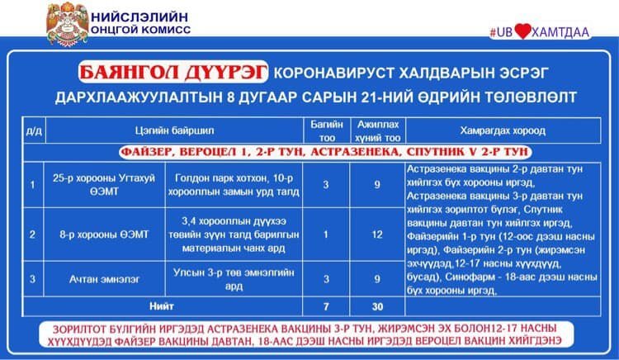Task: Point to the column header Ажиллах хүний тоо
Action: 376,130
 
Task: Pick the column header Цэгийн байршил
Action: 168,130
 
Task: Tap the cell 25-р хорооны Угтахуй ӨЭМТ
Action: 101,184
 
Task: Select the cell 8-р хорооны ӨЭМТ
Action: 101,234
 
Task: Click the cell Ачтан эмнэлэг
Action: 101,278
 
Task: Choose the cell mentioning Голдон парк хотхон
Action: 234,184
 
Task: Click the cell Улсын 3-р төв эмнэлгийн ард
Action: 234,278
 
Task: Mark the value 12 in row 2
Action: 376,234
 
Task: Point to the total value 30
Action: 376,306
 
